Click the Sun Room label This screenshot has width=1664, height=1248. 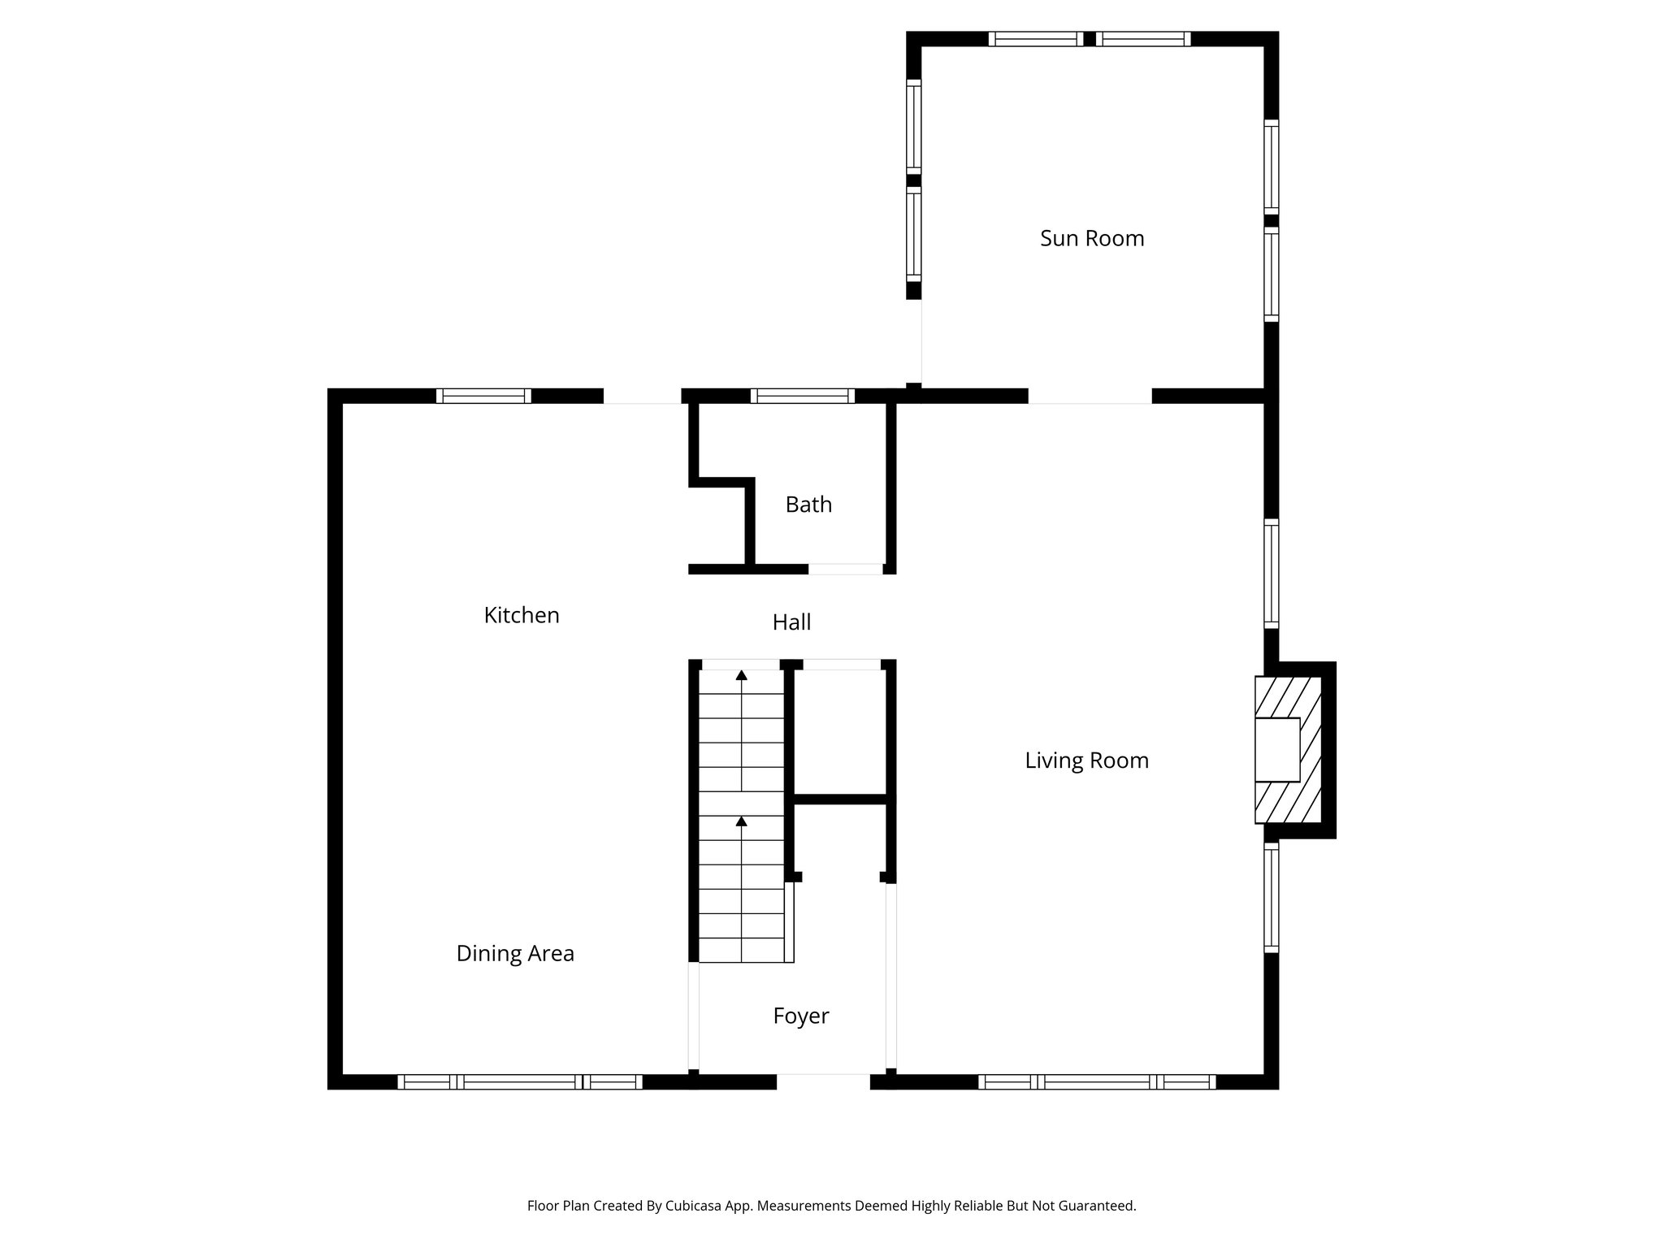1091,238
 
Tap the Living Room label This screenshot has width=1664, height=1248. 1086,760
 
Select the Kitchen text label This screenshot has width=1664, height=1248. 522,615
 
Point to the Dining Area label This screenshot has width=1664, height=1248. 515,953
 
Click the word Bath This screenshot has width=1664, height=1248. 808,505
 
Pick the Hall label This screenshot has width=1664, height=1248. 791,622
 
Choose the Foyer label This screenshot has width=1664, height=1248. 800,1016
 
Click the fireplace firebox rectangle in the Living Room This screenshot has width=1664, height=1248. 1277,749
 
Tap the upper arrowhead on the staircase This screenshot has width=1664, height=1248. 741,675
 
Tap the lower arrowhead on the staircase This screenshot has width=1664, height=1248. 741,821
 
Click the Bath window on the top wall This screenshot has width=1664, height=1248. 802,396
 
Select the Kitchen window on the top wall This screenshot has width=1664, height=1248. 483,396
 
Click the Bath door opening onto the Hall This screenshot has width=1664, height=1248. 846,569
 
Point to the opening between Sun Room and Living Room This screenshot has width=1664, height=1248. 1090,396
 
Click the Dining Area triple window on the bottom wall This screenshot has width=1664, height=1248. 520,1081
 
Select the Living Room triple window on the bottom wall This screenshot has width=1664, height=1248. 1097,1081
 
